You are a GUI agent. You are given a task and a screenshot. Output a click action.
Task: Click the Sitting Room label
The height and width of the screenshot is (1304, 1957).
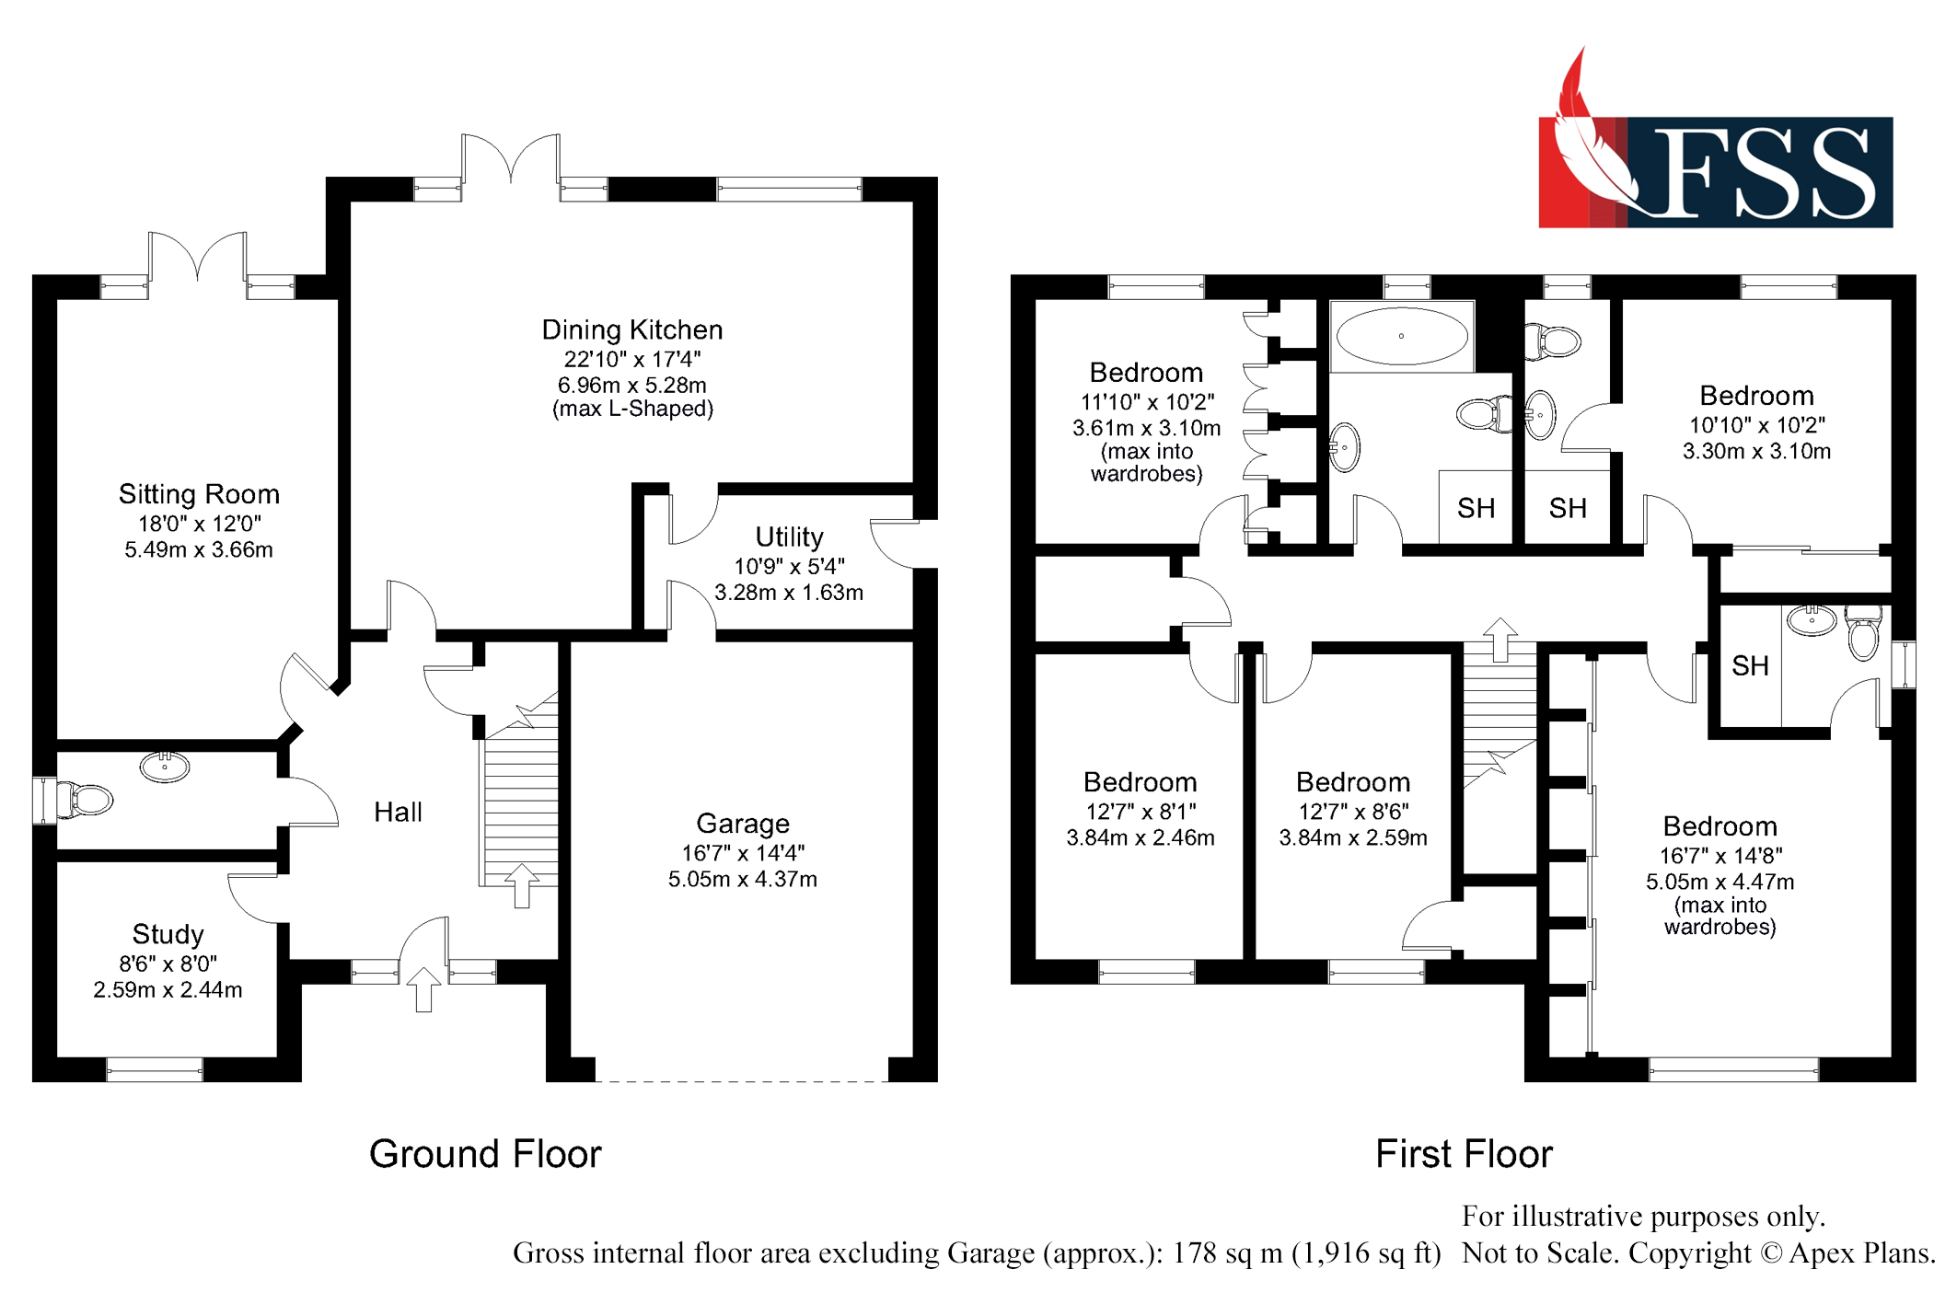tap(199, 494)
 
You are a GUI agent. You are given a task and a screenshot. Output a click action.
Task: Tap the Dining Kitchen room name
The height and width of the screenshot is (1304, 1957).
tap(632, 329)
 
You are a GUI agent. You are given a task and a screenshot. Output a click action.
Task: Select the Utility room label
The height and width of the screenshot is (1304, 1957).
tap(789, 537)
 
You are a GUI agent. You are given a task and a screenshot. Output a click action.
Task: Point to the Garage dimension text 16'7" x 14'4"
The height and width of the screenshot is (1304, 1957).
tap(743, 853)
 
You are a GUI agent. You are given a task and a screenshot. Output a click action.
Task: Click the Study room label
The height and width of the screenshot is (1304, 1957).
tap(168, 934)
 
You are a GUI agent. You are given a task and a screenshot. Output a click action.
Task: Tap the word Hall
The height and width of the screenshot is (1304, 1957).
tap(398, 812)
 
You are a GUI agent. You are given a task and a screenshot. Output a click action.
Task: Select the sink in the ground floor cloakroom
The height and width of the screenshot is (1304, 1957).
tap(165, 767)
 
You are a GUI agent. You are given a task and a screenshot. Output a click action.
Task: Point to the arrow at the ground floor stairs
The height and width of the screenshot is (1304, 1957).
tap(522, 885)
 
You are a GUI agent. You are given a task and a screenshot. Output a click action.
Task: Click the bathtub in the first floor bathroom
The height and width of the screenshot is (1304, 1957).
tap(1402, 336)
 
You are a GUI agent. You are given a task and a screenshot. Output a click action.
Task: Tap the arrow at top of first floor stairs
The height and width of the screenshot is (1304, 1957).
tap(1500, 640)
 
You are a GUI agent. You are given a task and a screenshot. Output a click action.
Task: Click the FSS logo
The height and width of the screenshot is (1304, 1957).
tap(1716, 152)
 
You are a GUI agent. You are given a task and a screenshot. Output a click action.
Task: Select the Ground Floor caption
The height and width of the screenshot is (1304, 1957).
tap(485, 1154)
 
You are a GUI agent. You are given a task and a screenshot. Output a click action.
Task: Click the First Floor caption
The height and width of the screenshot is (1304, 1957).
tap(1464, 1154)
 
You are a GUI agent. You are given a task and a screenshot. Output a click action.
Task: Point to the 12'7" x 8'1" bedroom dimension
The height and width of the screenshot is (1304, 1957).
tap(1141, 812)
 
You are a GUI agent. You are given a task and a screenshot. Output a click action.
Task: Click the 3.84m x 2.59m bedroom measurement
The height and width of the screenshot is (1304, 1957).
tap(1353, 837)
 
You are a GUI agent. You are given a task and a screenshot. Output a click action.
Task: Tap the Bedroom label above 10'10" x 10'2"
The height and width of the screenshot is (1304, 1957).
tap(1756, 396)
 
